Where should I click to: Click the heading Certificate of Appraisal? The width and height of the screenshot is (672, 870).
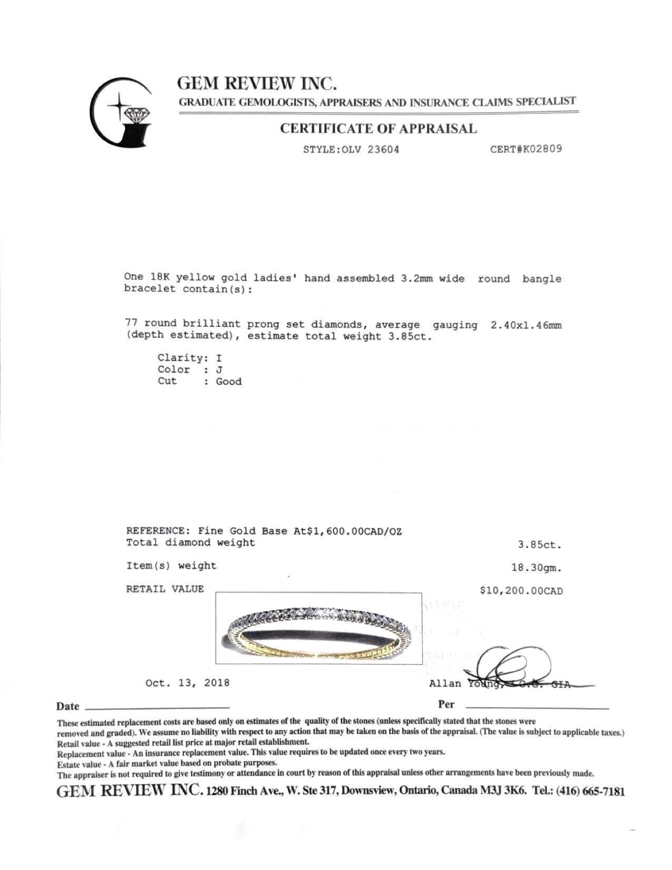[x=378, y=128]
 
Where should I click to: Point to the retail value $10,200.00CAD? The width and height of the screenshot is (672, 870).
[x=521, y=591]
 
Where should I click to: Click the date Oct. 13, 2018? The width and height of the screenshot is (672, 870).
[x=187, y=683]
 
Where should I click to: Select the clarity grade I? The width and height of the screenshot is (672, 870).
[x=219, y=358]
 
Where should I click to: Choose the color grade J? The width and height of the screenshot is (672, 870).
[x=219, y=370]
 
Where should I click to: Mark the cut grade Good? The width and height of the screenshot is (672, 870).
[x=229, y=382]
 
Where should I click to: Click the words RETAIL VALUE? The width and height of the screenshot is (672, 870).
[x=164, y=589]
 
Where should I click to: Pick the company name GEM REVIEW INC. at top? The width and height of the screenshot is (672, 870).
[x=257, y=83]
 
